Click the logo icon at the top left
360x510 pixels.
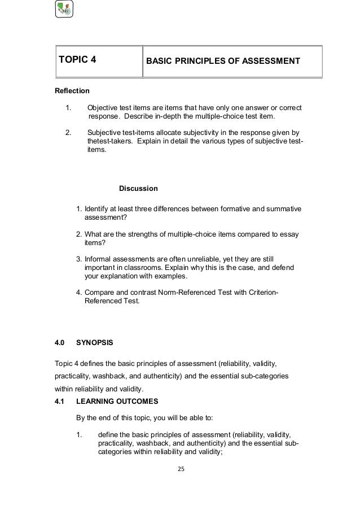64,9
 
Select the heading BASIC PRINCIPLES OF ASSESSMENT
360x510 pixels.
223,60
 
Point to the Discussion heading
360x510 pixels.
138,188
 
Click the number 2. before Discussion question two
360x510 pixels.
79,234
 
